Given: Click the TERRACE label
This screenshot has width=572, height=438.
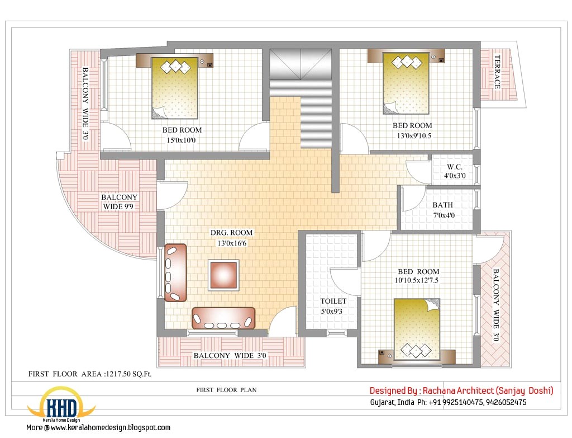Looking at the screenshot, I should pyautogui.click(x=497, y=71).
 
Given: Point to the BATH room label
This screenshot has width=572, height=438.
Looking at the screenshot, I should pyautogui.click(x=442, y=205).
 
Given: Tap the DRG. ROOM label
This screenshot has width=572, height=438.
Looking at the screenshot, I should pyautogui.click(x=231, y=232).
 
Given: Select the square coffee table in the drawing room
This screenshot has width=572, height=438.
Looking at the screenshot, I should pyautogui.click(x=224, y=275).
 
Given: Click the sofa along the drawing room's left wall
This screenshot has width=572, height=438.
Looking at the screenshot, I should pyautogui.click(x=174, y=272).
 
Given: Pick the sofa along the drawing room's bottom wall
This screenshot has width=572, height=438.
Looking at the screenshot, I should pyautogui.click(x=223, y=318).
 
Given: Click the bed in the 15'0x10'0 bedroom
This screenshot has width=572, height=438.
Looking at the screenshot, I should pyautogui.click(x=175, y=88).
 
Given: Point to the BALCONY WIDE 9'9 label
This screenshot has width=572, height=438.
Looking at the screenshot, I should pyautogui.click(x=120, y=202).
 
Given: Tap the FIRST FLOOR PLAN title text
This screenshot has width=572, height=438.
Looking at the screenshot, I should pyautogui.click(x=226, y=390).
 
